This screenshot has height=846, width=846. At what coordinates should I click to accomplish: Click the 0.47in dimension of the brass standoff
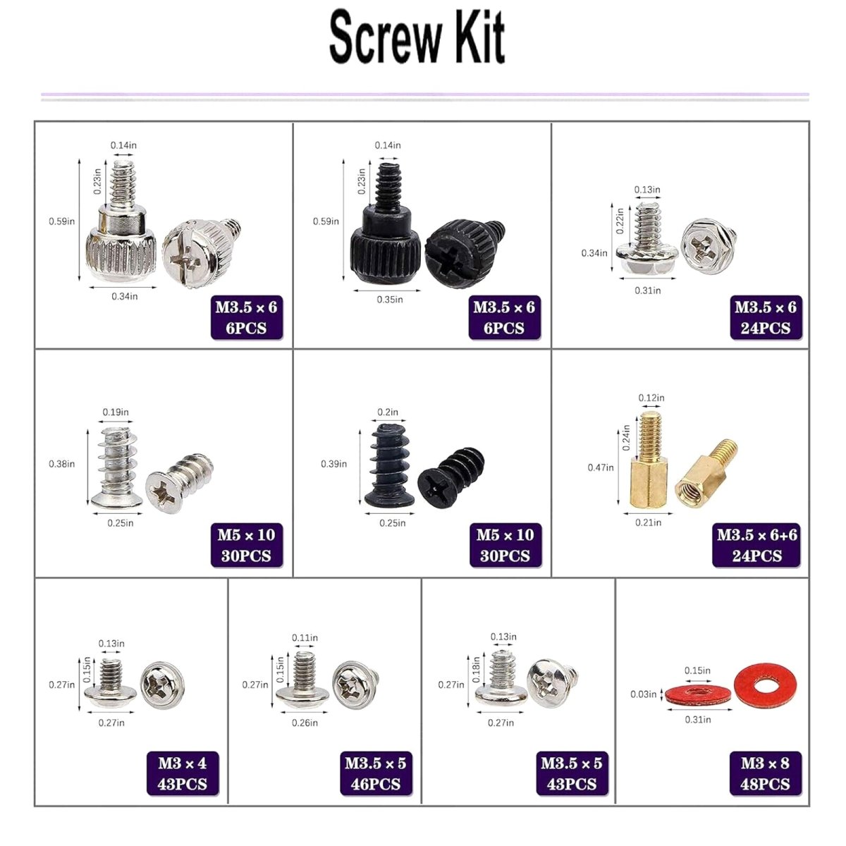(x=601, y=467)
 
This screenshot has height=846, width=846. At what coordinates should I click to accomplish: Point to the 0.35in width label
(x=390, y=300)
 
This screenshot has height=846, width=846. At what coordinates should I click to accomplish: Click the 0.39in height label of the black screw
(x=333, y=464)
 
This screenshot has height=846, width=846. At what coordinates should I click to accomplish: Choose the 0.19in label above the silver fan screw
(x=116, y=412)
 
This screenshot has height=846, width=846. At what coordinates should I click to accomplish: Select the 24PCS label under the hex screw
(x=766, y=329)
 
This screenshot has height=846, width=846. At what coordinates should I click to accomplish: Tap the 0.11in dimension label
(x=305, y=637)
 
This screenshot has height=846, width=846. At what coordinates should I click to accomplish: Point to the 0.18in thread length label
(x=476, y=669)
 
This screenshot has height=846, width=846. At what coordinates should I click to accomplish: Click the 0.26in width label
(x=305, y=723)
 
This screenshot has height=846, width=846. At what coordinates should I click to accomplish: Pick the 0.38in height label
(x=61, y=464)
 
